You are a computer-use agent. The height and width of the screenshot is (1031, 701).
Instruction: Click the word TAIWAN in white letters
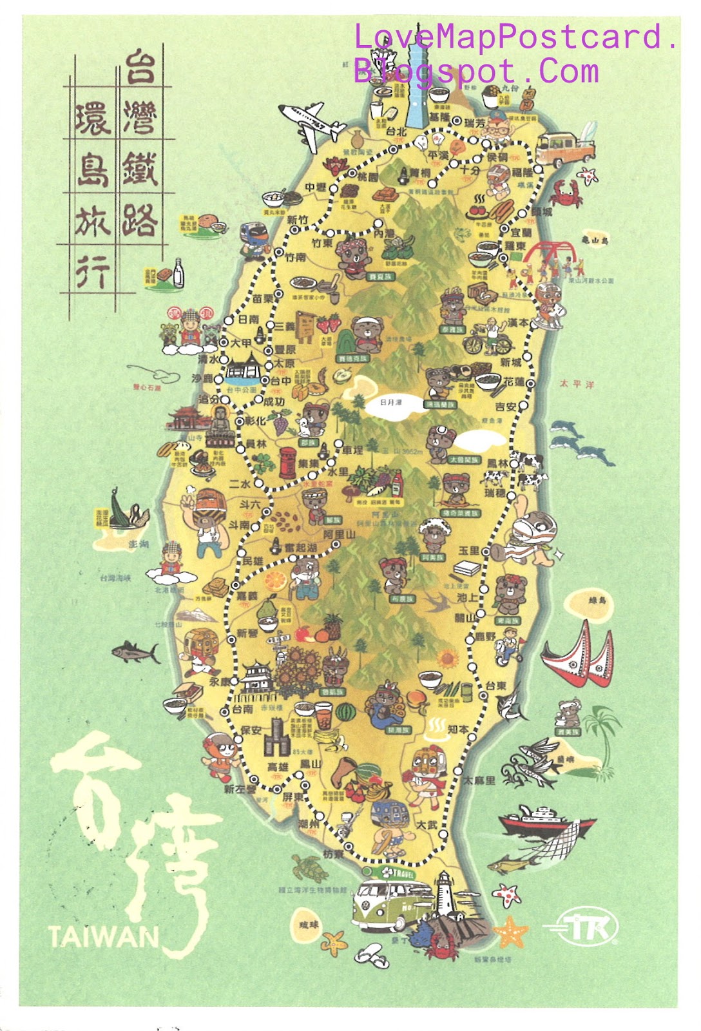click(103, 936)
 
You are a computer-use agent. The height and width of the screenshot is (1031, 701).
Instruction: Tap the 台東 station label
click(496, 686)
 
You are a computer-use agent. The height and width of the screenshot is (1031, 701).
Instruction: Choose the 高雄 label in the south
click(277, 767)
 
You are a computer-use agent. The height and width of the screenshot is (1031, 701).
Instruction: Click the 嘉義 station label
click(247, 596)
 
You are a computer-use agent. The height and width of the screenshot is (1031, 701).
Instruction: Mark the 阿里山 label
click(339, 535)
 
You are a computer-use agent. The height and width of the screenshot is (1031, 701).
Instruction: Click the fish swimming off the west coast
click(135, 652)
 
